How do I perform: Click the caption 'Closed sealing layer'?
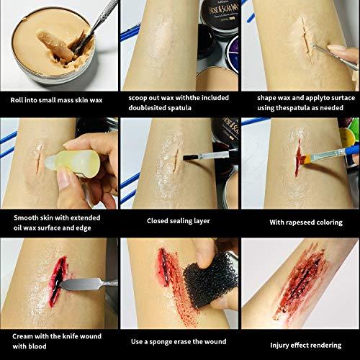(x=179, y=221)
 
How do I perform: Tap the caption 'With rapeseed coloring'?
(x=300, y=221)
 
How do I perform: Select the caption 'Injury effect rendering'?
(x=300, y=339)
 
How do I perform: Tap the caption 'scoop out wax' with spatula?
(x=179, y=101)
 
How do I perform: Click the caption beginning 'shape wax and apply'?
(x=300, y=101)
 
